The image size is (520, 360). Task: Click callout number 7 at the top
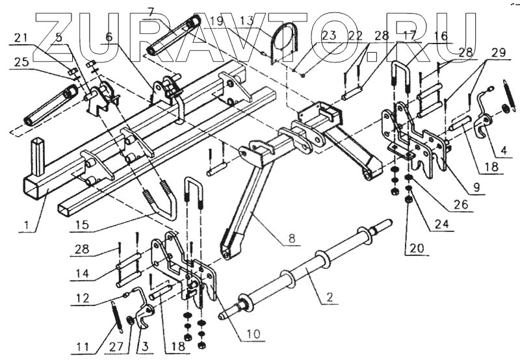pyautogui.click(x=151, y=12)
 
